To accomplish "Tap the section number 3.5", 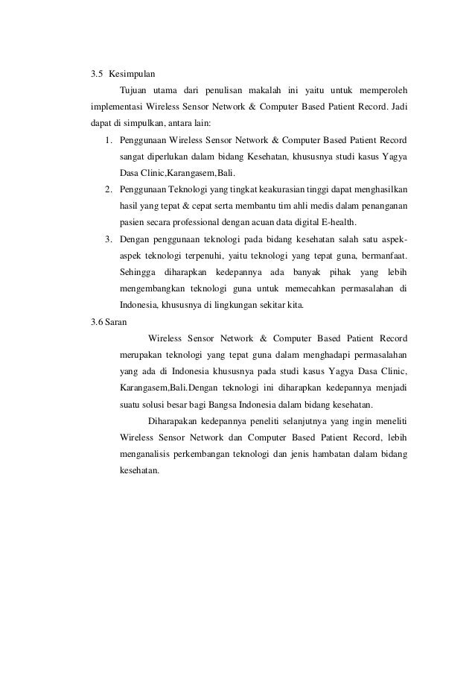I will coord(96,75).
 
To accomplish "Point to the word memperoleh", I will coord(380,91).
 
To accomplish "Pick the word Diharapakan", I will coord(173,422).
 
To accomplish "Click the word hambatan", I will coord(334,455).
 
